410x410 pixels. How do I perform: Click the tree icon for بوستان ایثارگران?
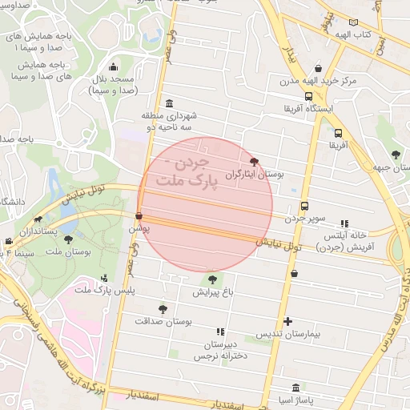pos(255,162)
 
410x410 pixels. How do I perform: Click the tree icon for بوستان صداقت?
pos(163,308)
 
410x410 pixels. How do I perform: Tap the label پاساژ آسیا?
pos(297,399)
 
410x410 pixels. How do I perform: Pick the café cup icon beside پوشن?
pos(139,216)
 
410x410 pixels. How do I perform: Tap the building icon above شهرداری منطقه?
pos(168,104)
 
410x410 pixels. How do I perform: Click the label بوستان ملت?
pos(69,251)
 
